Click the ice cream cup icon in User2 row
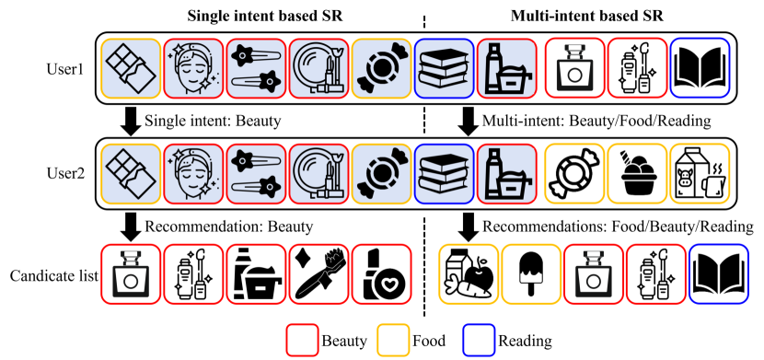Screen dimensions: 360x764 (x=636, y=172)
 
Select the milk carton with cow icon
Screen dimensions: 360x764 (x=699, y=172)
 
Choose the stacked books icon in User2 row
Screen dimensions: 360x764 (x=446, y=172)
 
